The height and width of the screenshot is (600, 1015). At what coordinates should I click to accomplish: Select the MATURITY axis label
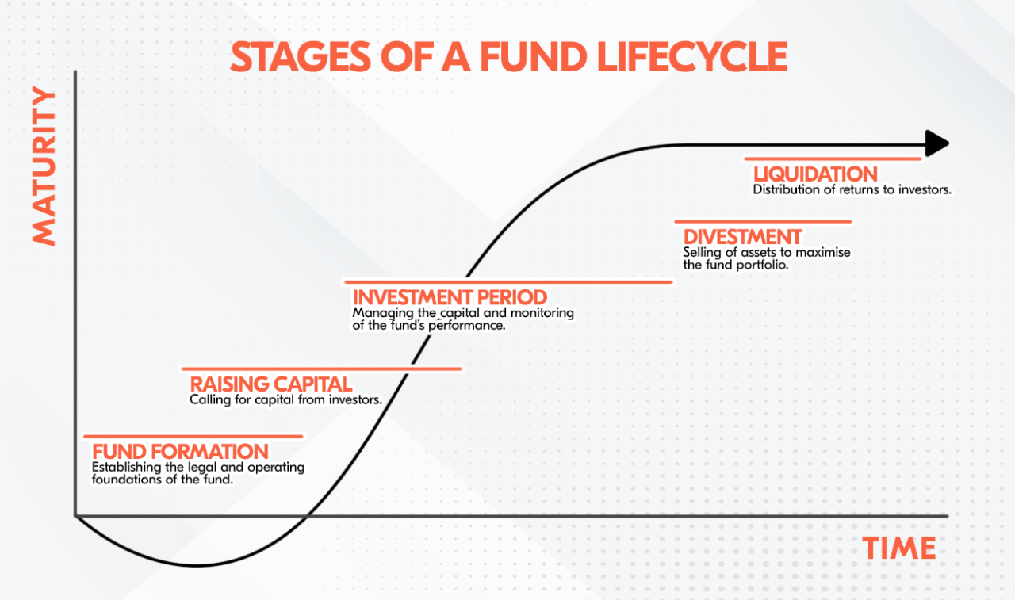45,166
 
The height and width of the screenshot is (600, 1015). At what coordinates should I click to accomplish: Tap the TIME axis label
899,548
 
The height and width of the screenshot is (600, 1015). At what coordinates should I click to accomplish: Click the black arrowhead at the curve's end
937,143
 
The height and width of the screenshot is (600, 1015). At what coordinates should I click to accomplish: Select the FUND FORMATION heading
180,452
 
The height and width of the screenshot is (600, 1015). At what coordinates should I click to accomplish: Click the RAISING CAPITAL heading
270,384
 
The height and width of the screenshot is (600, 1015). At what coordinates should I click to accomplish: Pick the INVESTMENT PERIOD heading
450,297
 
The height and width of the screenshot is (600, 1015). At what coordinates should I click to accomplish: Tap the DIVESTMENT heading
742,237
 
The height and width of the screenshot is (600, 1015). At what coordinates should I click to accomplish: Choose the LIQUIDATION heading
815,174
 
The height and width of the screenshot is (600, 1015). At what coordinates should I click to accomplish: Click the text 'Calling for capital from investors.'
285,400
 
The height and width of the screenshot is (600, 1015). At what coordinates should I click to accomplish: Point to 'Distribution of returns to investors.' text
852,190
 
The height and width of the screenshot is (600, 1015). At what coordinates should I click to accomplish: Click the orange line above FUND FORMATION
193,436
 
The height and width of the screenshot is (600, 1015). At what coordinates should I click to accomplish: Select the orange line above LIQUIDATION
833,159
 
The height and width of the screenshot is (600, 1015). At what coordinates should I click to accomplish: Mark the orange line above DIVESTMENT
762,222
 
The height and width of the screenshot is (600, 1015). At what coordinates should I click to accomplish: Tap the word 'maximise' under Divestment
825,252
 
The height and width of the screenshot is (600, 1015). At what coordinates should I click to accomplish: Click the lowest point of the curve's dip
194,566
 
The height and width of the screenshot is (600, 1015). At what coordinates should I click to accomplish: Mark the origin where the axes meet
75,516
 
